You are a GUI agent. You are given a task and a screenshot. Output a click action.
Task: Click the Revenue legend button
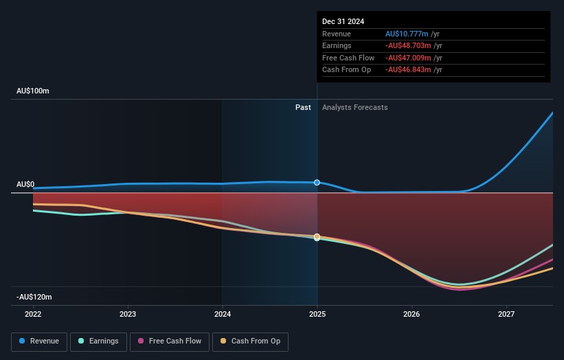coord(39,341)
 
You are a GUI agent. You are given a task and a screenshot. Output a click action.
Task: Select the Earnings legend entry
coord(99,341)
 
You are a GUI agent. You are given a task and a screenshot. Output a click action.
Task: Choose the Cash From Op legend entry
coord(250,341)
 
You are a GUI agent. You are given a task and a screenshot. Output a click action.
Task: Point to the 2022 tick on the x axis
coord(33,314)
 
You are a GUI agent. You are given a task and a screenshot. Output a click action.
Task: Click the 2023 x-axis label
coord(128,314)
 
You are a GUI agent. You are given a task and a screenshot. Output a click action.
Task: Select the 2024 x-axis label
coord(223,314)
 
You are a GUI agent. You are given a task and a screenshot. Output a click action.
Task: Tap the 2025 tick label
coord(317,314)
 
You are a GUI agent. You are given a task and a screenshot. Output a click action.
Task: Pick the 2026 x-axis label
coord(411,314)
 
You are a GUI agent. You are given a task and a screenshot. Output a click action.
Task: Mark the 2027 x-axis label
coord(506,314)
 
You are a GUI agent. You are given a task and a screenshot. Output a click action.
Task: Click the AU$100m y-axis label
coord(33,91)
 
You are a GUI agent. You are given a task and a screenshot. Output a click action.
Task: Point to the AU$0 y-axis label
coord(25,185)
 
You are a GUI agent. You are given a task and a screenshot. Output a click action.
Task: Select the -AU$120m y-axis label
coord(34,297)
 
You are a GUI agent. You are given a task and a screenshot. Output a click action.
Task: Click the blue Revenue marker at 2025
coord(317,183)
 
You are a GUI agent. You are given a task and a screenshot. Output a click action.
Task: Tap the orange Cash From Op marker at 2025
coord(317,237)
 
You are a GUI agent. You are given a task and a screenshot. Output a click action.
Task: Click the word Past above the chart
coord(303,108)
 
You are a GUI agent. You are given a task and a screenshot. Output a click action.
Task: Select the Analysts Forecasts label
coord(354,108)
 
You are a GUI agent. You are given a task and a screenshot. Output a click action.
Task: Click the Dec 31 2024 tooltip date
coord(342,21)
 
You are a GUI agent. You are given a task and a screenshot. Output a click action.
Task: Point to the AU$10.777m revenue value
coord(407,34)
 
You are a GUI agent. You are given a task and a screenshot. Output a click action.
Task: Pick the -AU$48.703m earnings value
coord(407,46)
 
